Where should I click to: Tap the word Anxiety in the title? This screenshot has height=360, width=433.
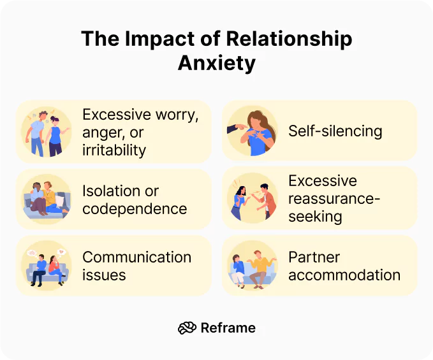(216, 64)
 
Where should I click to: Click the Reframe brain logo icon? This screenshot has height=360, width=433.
(187, 328)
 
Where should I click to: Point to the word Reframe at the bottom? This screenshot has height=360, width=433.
(228, 328)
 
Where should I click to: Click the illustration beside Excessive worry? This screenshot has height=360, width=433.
(47, 132)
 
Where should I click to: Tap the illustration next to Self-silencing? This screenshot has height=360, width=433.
(253, 131)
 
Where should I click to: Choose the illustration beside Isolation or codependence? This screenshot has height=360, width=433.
(47, 199)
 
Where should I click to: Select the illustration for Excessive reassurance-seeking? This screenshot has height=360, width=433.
(253, 198)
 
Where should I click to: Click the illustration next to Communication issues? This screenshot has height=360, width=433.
(47, 266)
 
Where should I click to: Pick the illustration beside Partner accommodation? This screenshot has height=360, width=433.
(253, 266)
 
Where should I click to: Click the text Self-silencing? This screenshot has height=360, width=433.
(335, 131)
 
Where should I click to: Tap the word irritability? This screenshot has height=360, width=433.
(114, 150)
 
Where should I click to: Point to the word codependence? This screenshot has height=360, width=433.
(135, 208)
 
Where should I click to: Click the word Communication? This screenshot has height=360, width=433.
(136, 257)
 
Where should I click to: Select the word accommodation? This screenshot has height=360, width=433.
(344, 275)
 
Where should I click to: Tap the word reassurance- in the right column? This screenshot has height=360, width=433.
(334, 198)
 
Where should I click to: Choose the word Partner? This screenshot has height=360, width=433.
(314, 257)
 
